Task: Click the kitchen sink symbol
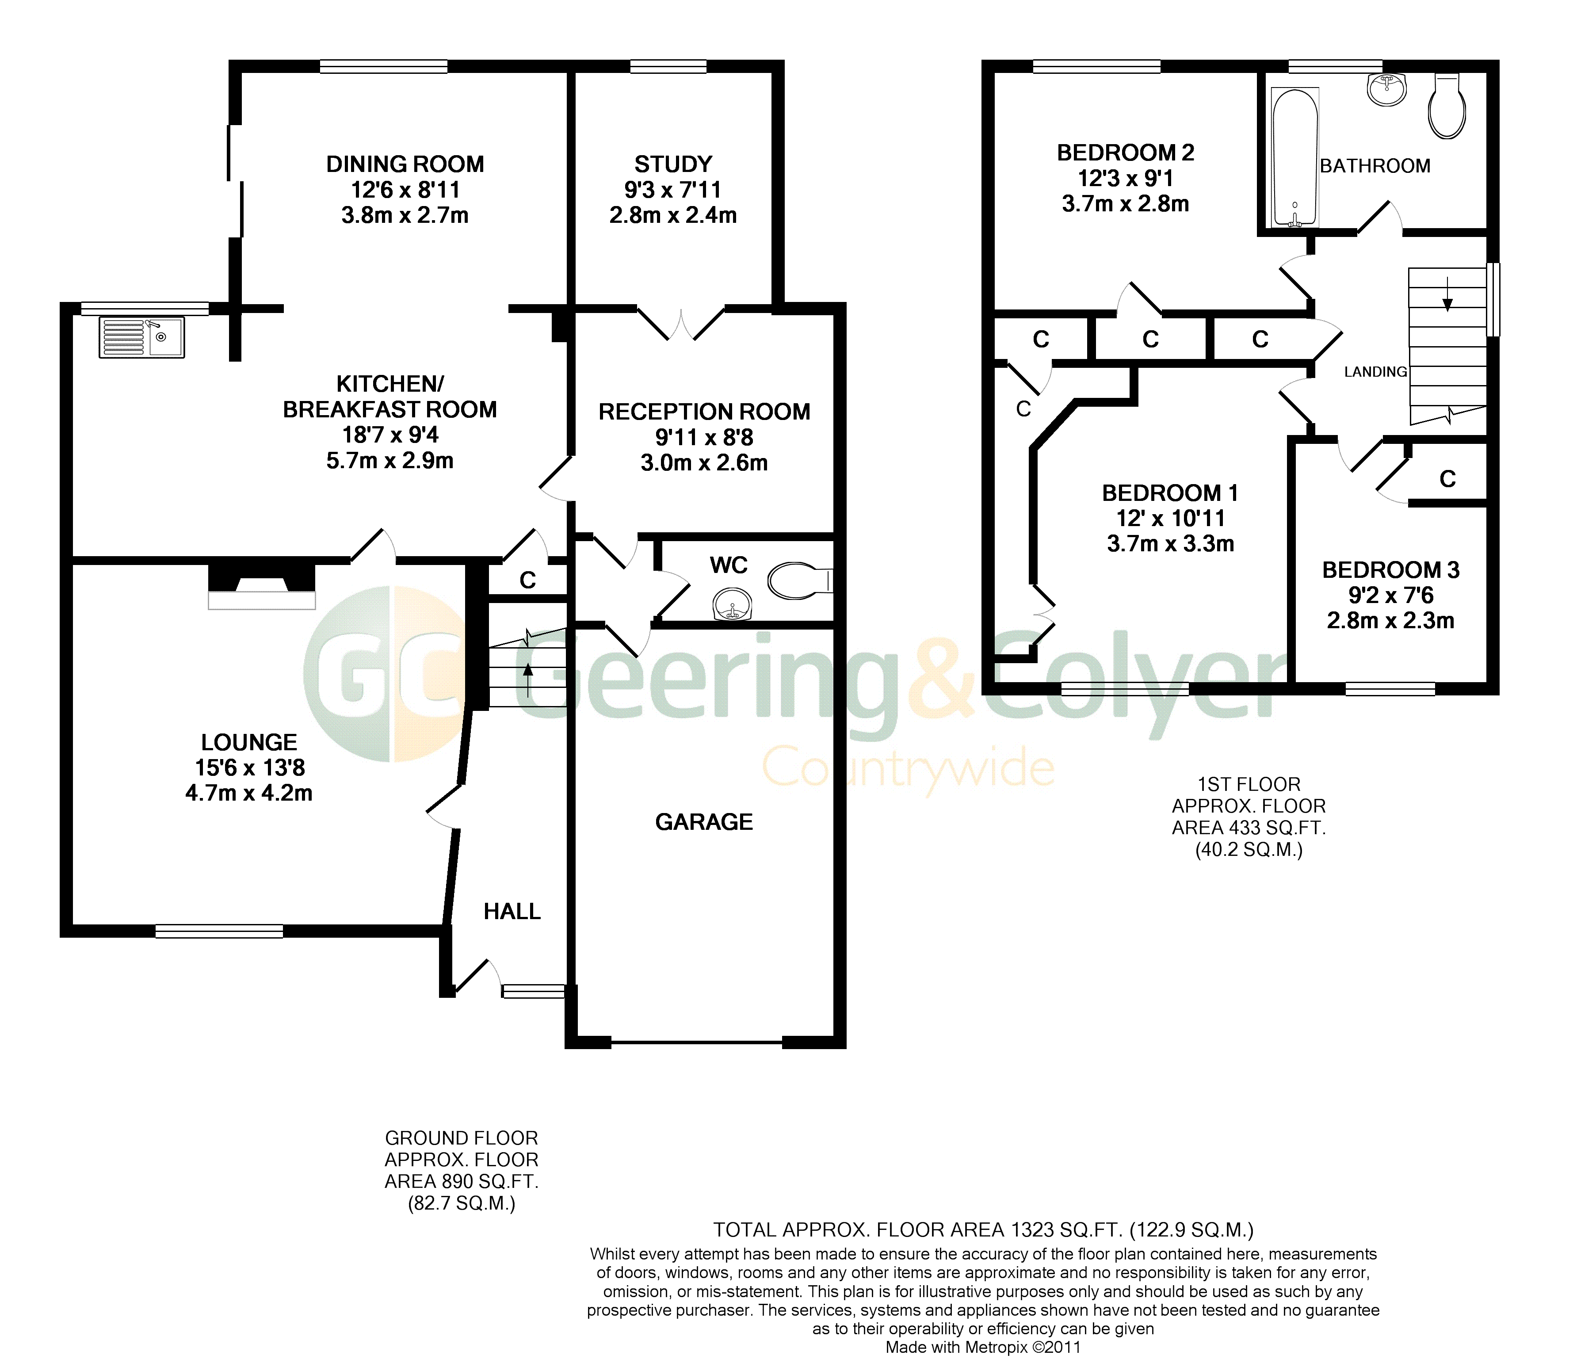coord(141,337)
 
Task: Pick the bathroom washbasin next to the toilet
coord(1387,90)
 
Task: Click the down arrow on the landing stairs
coord(1447,293)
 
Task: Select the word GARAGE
coord(704,822)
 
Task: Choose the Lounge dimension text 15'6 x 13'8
coord(250,767)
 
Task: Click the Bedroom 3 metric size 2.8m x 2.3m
coord(1390,620)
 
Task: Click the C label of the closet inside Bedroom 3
coord(1447,479)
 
